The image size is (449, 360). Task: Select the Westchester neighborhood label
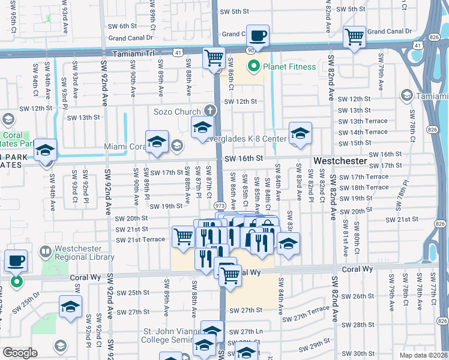click(340, 161)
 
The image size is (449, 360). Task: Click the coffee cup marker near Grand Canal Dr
click(258, 37)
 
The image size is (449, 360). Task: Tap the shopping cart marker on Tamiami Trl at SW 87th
click(214, 59)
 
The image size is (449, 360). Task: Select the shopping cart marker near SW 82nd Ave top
click(355, 38)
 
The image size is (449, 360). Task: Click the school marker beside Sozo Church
click(202, 128)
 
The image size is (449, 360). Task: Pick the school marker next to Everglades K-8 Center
click(300, 134)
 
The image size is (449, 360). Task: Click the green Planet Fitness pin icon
click(255, 67)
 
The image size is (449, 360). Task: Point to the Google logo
click(20, 353)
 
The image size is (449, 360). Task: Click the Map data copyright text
click(424, 355)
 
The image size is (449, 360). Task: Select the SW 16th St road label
click(244, 158)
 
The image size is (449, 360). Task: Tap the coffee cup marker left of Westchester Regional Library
click(16, 262)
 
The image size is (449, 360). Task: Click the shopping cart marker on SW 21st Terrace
click(182, 236)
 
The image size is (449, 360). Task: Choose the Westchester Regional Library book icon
click(45, 251)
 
